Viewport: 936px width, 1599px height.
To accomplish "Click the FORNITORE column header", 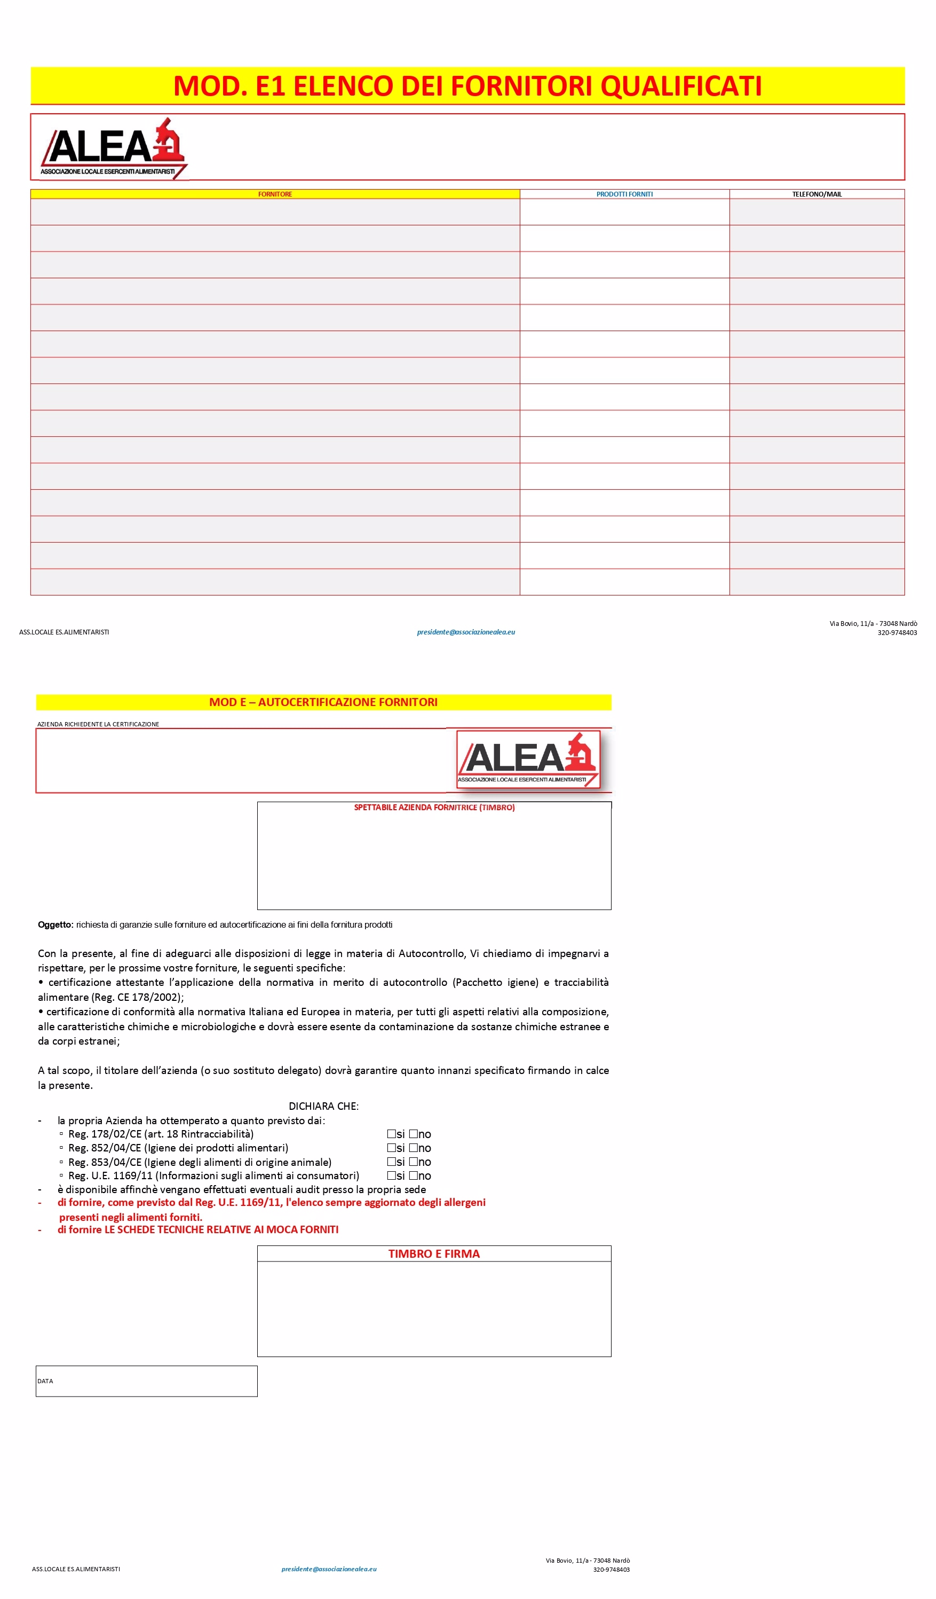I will pyautogui.click(x=275, y=194).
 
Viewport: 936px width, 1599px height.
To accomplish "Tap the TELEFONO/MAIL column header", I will pyautogui.click(x=817, y=194).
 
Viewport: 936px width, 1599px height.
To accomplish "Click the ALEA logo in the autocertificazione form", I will pyautogui.click(x=528, y=759).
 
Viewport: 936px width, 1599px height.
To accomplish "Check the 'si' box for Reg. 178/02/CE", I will pyautogui.click(x=391, y=1134).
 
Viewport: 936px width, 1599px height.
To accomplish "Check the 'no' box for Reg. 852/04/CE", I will pyautogui.click(x=414, y=1148).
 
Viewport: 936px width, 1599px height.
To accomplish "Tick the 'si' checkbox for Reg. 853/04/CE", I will pyautogui.click(x=391, y=1162).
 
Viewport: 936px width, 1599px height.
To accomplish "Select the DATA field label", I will pyautogui.click(x=45, y=1381).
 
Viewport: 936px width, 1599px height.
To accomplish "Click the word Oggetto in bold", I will pyautogui.click(x=54, y=924).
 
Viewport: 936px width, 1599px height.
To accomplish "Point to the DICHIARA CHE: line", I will pyautogui.click(x=323, y=1106).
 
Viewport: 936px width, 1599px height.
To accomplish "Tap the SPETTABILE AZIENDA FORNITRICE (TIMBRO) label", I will pyautogui.click(x=434, y=808).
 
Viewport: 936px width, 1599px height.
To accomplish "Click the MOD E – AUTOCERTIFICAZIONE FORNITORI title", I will pyautogui.click(x=323, y=702).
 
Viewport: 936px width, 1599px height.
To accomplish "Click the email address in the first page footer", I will pyautogui.click(x=465, y=632).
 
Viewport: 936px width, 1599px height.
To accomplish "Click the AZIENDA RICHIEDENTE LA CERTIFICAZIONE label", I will pyautogui.click(x=98, y=724).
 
